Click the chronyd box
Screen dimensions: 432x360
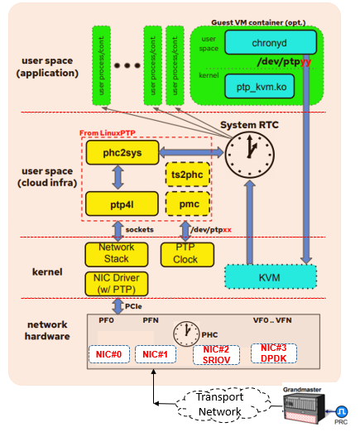coord(271,41)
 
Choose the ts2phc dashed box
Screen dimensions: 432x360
coord(187,175)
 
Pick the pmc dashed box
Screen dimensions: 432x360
coord(187,204)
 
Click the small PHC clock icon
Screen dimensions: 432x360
coord(186,334)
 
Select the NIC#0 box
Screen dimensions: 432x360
coord(110,355)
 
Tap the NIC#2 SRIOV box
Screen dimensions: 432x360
coord(215,353)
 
